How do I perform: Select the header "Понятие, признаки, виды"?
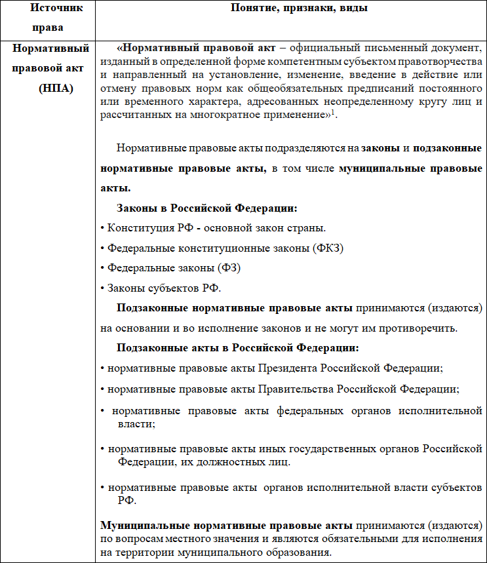click(x=290, y=8)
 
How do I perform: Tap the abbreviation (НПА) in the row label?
click(x=55, y=87)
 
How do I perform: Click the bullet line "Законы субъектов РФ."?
click(x=161, y=288)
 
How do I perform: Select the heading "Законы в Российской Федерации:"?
click(x=206, y=208)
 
